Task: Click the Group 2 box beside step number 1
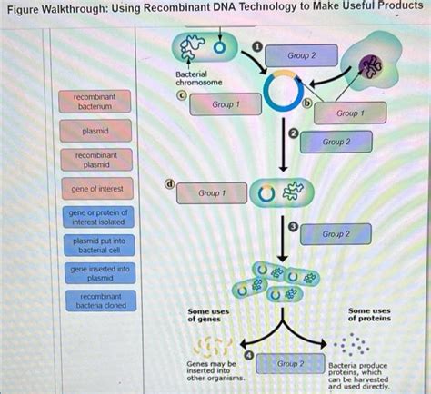pyautogui.click(x=300, y=56)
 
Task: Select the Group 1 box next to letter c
pyautogui.click(x=225, y=104)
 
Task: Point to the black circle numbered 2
pyautogui.click(x=292, y=135)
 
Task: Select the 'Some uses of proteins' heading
pyautogui.click(x=369, y=314)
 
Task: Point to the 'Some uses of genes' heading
pyautogui.click(x=208, y=314)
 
